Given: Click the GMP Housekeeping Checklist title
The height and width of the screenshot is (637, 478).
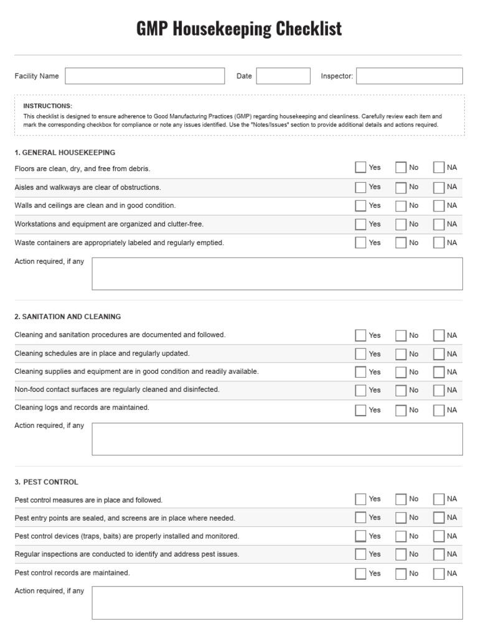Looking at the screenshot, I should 239,29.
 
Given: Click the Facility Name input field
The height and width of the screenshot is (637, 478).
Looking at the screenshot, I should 144,76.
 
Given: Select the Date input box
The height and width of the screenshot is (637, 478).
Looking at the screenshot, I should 283,76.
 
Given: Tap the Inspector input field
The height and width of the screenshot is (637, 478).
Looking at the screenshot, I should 409,76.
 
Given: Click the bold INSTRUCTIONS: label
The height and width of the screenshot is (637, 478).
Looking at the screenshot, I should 47,106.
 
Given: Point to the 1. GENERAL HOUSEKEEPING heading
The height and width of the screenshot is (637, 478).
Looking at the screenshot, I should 65,152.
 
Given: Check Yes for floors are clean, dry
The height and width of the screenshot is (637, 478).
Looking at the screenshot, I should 360,167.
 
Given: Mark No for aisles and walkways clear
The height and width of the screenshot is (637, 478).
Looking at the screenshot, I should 401,187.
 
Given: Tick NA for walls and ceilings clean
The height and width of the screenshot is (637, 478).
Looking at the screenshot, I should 439,205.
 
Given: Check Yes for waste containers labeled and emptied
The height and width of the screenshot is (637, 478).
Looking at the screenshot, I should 360,243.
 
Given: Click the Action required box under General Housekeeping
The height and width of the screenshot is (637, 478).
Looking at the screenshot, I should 277,274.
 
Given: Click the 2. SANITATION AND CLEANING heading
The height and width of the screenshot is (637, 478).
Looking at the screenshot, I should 68,317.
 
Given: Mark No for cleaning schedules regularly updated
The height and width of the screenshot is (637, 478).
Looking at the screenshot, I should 401,354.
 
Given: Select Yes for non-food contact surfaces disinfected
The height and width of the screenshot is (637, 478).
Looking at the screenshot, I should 360,390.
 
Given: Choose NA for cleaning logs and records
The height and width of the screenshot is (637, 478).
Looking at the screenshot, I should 439,410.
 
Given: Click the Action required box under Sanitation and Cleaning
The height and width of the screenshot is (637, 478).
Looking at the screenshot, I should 277,439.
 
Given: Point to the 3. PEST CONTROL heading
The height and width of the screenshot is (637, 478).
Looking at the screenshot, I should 47,482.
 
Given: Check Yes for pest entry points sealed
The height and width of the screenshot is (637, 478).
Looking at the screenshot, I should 360,518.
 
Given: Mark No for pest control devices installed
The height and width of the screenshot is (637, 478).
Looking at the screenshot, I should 401,536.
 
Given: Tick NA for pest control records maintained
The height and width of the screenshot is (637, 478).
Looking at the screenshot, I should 439,574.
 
